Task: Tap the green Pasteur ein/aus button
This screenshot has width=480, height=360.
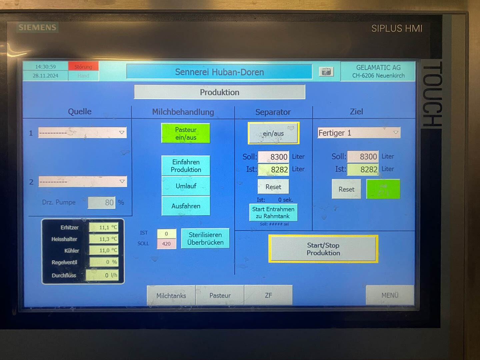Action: coord(186,133)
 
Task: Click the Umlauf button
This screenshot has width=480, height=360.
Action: coord(186,186)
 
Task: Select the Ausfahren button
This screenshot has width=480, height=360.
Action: coord(186,206)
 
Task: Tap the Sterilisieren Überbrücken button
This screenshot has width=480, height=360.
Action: coord(205,238)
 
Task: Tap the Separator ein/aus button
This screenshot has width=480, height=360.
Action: coord(273,133)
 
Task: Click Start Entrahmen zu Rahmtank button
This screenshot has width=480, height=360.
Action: coord(273,212)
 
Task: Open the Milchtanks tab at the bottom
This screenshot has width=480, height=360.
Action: coord(171,295)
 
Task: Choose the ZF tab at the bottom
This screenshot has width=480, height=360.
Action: coord(268,295)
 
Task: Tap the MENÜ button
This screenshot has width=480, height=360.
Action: coord(390,295)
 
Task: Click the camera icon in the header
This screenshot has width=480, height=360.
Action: coord(326,72)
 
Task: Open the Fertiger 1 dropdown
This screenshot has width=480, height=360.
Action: coord(395,133)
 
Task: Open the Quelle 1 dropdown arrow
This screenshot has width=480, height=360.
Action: coord(122,133)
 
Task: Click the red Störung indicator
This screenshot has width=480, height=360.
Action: coord(83,66)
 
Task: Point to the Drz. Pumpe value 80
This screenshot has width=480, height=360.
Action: coord(102,202)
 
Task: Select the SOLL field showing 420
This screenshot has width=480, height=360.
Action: coord(166,244)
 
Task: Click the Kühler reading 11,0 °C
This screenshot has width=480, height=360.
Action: coord(104,250)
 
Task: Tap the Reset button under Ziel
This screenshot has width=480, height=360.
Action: coord(346,189)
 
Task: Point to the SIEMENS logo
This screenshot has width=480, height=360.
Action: coord(37,27)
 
